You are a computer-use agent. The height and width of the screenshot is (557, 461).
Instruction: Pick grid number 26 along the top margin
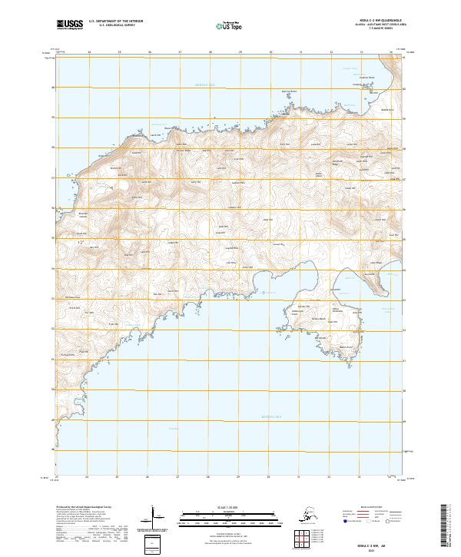[x=149, y=52]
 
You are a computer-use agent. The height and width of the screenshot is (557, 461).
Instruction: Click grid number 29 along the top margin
[x=240, y=52]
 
